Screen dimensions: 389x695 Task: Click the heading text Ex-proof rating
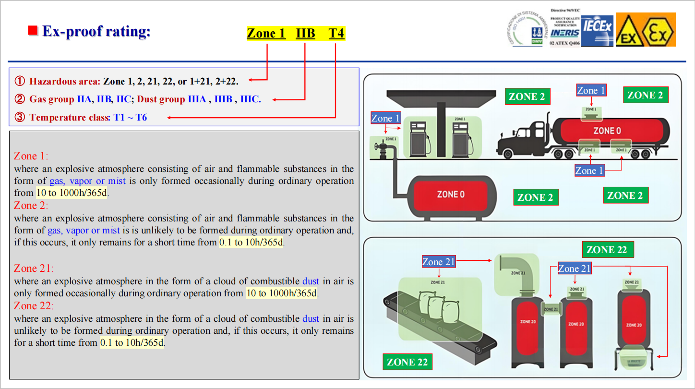[x=96, y=32]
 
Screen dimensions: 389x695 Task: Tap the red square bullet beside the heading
[x=33, y=31]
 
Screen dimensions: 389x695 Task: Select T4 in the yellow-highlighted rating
[x=336, y=34]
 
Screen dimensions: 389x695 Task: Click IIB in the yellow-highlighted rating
[x=305, y=34]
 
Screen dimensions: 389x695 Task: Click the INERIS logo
[x=565, y=33]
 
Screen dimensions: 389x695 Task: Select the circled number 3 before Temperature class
[x=20, y=117]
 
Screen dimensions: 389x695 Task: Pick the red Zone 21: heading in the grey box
[x=34, y=268]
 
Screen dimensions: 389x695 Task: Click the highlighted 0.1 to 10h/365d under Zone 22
[x=132, y=343]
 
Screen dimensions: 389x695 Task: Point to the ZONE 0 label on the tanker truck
[x=607, y=130]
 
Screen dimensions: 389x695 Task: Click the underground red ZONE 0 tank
[x=450, y=194]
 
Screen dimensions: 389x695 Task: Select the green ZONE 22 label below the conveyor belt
[x=407, y=362]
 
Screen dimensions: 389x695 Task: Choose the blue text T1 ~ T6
[x=130, y=117]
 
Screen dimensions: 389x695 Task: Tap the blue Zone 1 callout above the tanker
[x=591, y=90]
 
